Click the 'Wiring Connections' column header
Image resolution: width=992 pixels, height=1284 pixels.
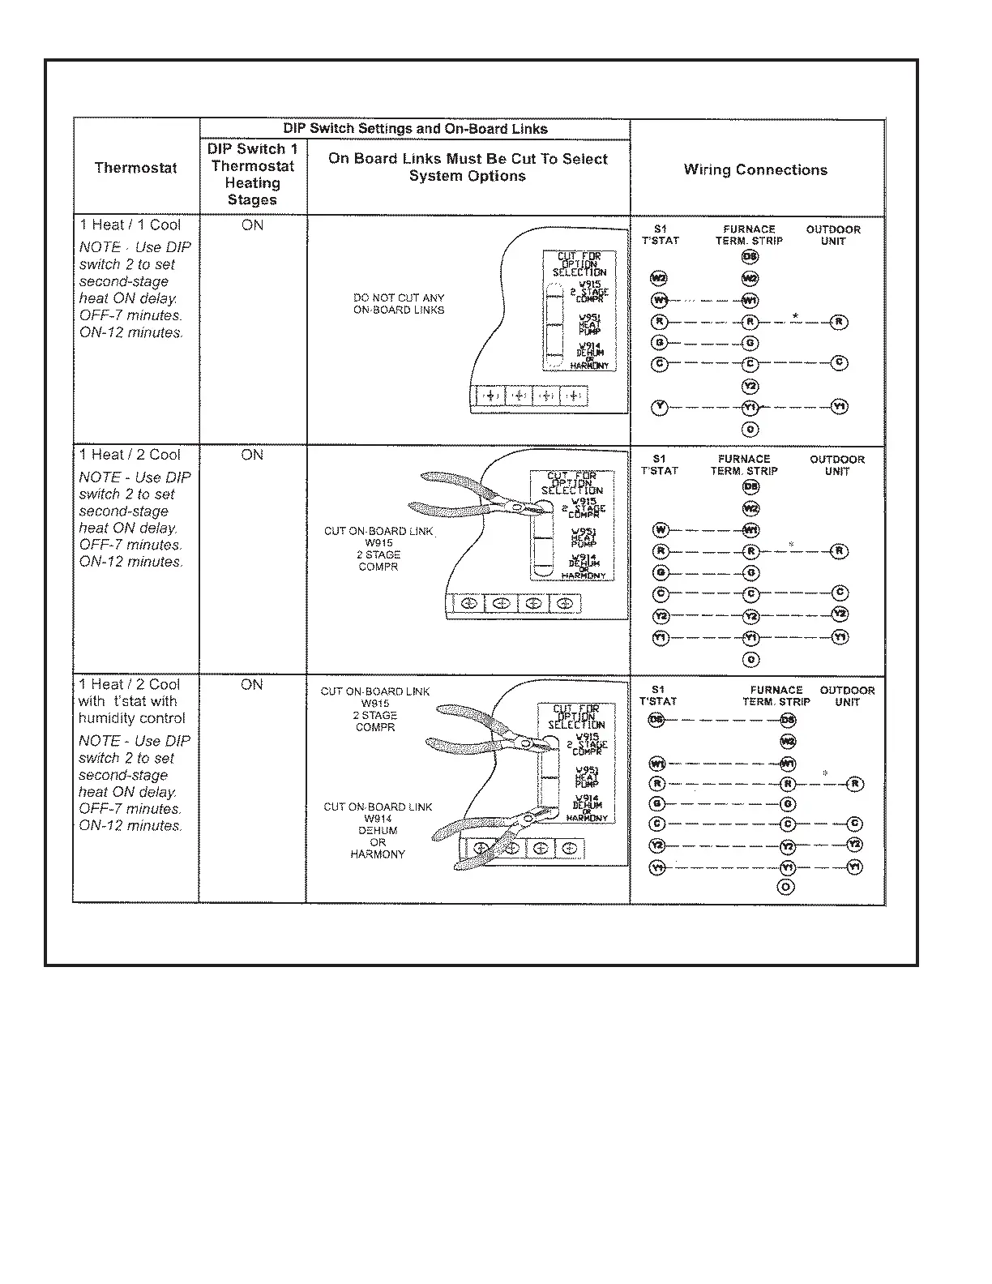pyautogui.click(x=755, y=169)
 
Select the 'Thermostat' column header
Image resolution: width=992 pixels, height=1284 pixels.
pyautogui.click(x=135, y=168)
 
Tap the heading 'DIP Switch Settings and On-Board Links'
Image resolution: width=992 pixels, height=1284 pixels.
pyautogui.click(x=415, y=129)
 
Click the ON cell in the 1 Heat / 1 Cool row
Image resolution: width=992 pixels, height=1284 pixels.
pyautogui.click(x=252, y=225)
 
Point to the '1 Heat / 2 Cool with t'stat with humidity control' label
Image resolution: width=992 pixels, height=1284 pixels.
pyautogui.click(x=131, y=701)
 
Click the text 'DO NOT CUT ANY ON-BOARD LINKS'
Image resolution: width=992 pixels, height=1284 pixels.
pyautogui.click(x=399, y=304)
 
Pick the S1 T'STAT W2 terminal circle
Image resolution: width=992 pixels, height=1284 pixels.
pyautogui.click(x=659, y=279)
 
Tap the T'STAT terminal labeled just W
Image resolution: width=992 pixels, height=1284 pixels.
pyautogui.click(x=661, y=530)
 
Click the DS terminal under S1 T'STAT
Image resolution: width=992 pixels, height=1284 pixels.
pyautogui.click(x=656, y=721)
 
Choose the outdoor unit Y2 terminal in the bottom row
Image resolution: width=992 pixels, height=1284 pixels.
pyautogui.click(x=854, y=845)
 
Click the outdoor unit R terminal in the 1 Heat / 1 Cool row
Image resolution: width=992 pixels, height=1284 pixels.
pyautogui.click(x=839, y=322)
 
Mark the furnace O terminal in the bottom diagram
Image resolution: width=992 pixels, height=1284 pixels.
pyautogui.click(x=785, y=887)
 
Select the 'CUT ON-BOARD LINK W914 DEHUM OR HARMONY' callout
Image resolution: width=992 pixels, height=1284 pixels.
pyautogui.click(x=378, y=830)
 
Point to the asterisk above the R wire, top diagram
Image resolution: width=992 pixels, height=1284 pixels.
pyautogui.click(x=796, y=315)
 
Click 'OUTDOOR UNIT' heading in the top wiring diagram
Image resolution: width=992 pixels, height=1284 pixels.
pyautogui.click(x=833, y=235)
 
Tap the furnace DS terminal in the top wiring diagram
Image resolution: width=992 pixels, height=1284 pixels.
pyautogui.click(x=750, y=257)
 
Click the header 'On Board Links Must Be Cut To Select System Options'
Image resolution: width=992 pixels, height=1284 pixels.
pyautogui.click(x=468, y=168)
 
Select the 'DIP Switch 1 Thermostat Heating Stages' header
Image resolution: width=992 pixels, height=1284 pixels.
pyautogui.click(x=252, y=174)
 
